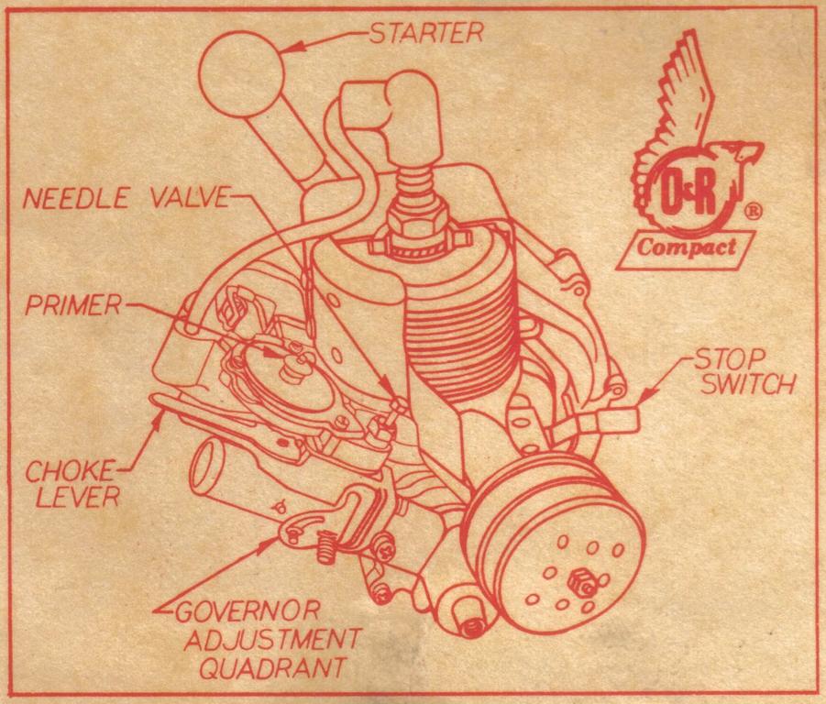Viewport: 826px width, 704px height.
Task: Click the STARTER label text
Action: pyautogui.click(x=425, y=34)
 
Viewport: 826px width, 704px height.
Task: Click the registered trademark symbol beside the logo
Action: pyautogui.click(x=753, y=210)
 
